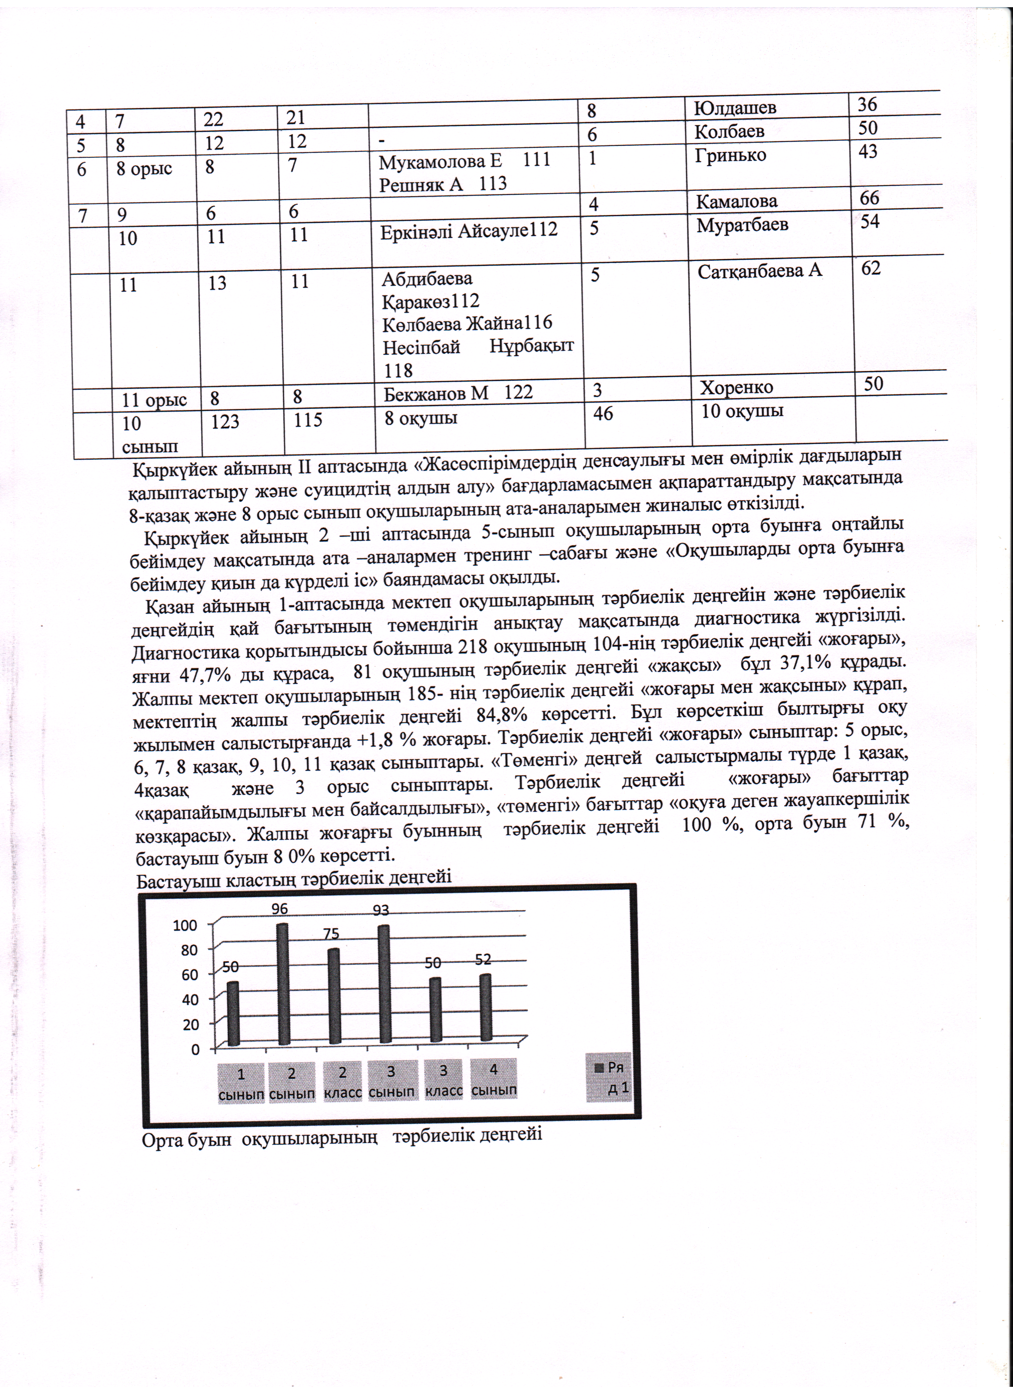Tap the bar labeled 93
384,984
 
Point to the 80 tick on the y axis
189,950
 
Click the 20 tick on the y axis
189,1024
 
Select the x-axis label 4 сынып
493,1079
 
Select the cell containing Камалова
737,201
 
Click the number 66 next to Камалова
869,198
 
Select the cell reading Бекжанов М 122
458,392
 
